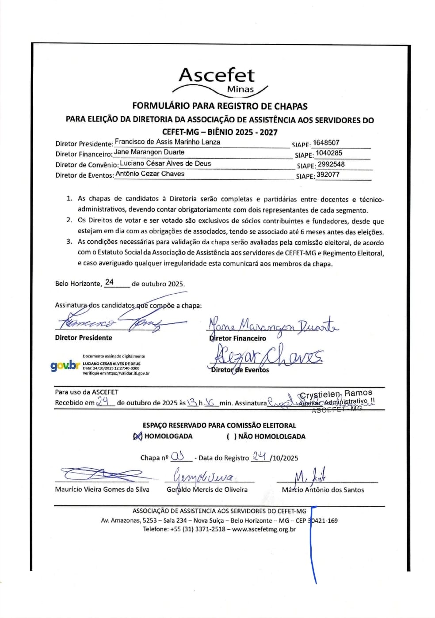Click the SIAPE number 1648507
[326, 143]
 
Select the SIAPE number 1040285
[329, 153]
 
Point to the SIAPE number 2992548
[331, 164]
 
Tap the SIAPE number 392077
[328, 174]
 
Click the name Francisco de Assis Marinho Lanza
[167, 142]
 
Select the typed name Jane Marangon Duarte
[149, 152]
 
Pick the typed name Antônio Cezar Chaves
[150, 174]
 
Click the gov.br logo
[65, 366]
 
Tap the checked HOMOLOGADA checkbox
[137, 436]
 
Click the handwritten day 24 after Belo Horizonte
[109, 282]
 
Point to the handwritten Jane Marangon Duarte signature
[273, 326]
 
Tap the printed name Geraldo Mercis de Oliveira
[207, 489]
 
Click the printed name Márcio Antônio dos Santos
[323, 490]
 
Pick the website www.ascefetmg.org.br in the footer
[263, 529]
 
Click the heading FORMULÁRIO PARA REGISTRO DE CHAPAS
[220, 106]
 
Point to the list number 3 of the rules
[69, 242]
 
